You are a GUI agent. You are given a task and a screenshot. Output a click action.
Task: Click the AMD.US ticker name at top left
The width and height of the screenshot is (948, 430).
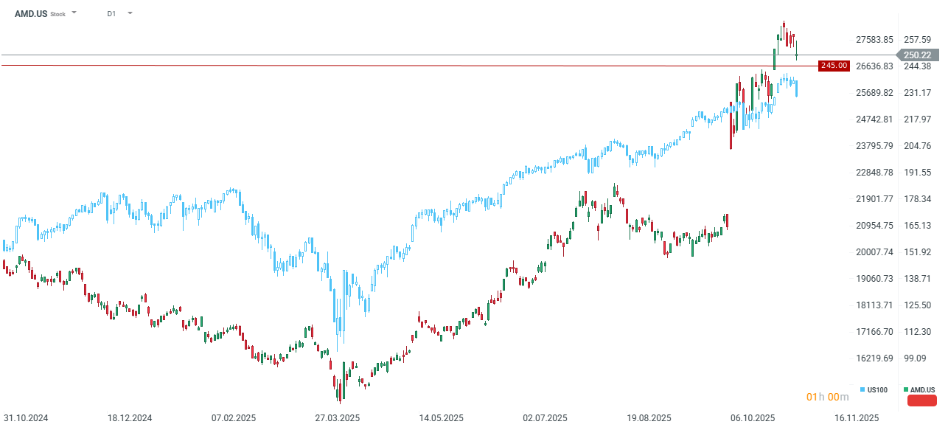pyautogui.click(x=31, y=13)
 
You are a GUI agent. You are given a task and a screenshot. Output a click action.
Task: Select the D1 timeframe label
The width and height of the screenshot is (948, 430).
pyautogui.click(x=111, y=13)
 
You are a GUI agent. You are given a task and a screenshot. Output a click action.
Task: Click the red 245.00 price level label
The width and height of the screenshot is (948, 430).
pyautogui.click(x=834, y=66)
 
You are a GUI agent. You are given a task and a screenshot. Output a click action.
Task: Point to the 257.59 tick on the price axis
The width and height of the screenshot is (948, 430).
pyautogui.click(x=918, y=39)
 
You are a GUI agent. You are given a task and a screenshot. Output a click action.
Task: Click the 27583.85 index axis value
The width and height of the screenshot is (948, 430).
pyautogui.click(x=874, y=39)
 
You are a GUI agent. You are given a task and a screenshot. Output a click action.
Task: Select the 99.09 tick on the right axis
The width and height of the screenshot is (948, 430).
pyautogui.click(x=915, y=358)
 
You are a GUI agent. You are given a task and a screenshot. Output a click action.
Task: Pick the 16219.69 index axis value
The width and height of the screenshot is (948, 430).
pyautogui.click(x=874, y=358)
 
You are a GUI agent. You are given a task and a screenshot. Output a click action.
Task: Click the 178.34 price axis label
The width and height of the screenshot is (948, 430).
pyautogui.click(x=918, y=198)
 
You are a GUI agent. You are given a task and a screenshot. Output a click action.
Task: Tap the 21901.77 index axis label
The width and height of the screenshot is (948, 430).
pyautogui.click(x=874, y=198)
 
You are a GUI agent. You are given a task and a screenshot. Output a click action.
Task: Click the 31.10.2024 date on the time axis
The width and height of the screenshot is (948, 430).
pyautogui.click(x=26, y=417)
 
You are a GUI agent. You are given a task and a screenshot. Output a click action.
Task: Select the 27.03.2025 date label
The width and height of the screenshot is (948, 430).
pyautogui.click(x=338, y=417)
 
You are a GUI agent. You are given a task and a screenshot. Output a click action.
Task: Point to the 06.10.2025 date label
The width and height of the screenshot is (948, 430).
pyautogui.click(x=753, y=417)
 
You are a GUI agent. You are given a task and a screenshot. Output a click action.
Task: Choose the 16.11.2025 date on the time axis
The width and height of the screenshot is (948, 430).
pyautogui.click(x=857, y=417)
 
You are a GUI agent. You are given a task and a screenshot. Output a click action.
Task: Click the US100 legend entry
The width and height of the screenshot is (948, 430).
pyautogui.click(x=876, y=389)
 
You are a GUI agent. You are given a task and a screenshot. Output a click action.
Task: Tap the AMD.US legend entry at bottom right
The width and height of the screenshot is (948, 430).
pyautogui.click(x=921, y=389)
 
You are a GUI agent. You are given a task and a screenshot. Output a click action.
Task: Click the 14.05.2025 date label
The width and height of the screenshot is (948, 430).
pyautogui.click(x=442, y=417)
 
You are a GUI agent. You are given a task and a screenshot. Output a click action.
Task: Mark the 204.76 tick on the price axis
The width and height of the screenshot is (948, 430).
pyautogui.click(x=918, y=145)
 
